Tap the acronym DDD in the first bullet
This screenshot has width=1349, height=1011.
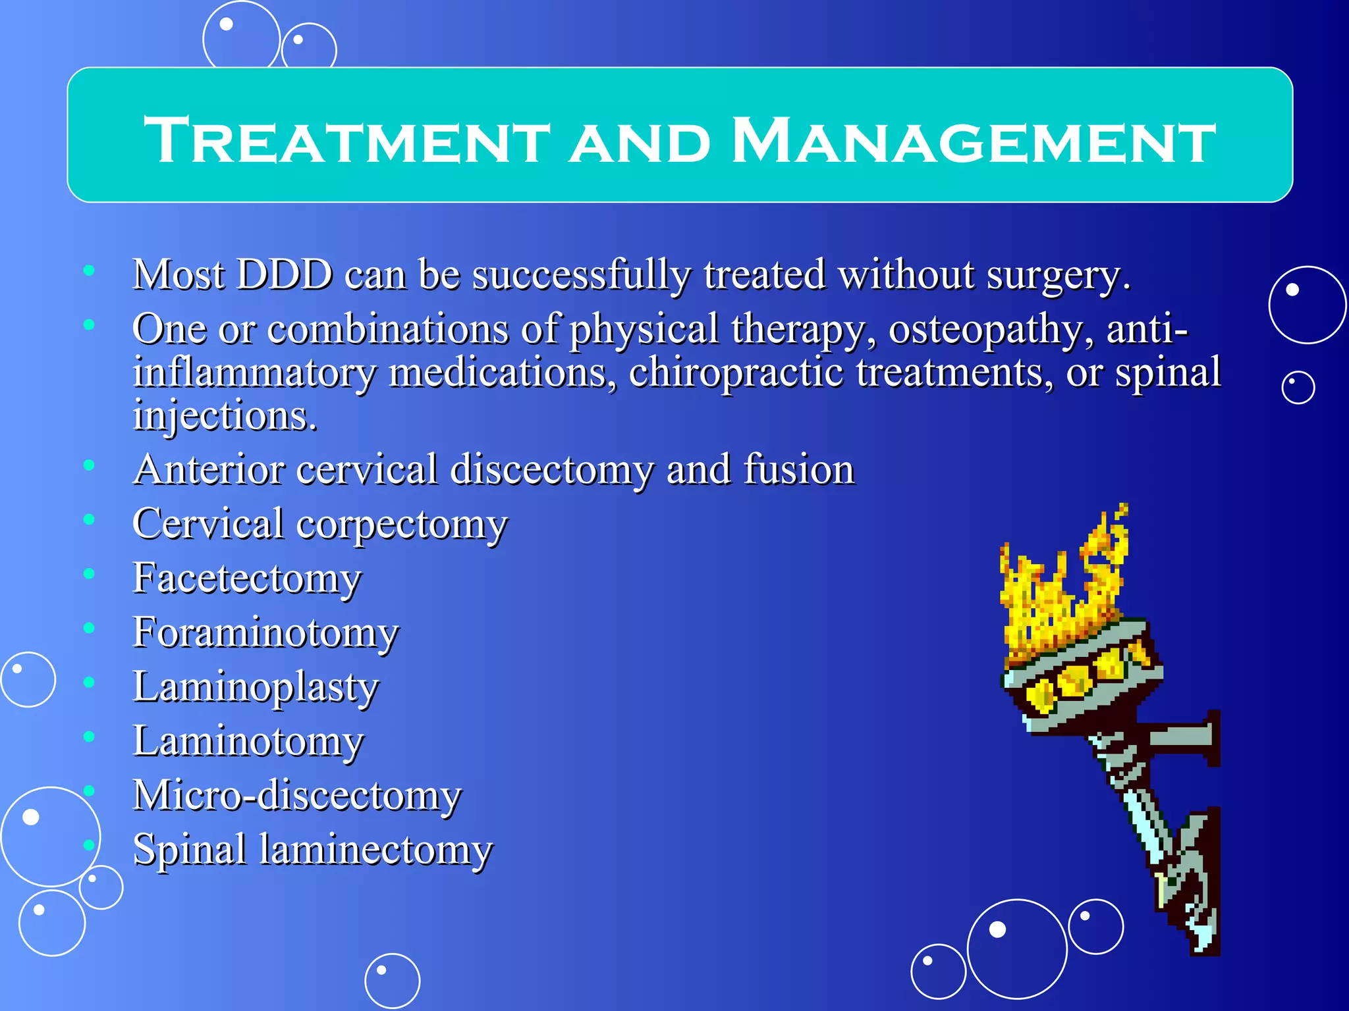point(285,274)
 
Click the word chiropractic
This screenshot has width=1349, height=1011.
point(736,373)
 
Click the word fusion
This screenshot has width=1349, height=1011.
point(798,470)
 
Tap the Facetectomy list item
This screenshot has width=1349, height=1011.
point(247,579)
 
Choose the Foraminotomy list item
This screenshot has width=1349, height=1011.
point(265,633)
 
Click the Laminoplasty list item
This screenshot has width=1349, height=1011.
point(256,687)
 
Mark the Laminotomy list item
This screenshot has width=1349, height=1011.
point(248,741)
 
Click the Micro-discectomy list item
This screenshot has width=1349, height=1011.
point(297,795)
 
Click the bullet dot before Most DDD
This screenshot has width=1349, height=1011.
point(89,270)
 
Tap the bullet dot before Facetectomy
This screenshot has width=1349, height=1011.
point(89,574)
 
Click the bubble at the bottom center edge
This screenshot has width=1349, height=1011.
point(392,981)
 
